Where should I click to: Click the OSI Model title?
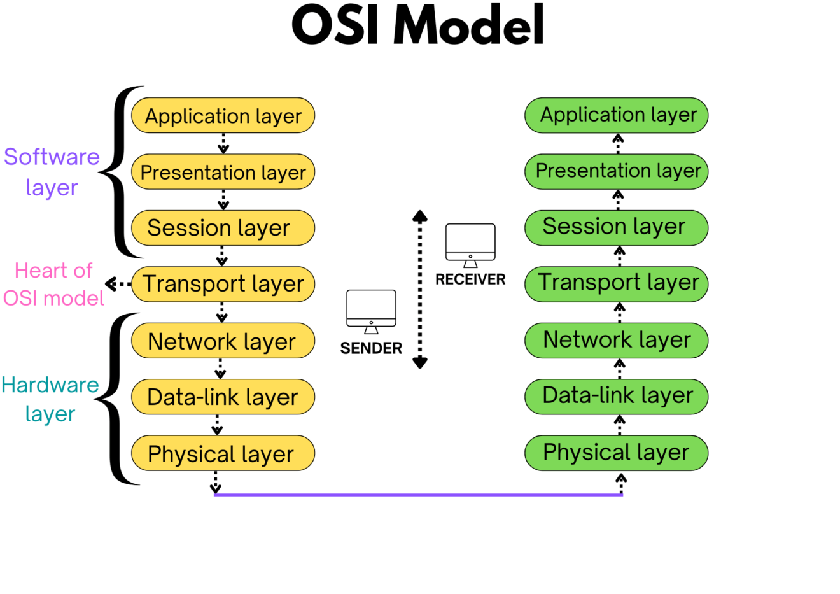[418, 25]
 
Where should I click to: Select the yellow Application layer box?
[223, 116]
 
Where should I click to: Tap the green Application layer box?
[616, 115]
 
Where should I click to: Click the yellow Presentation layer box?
[223, 172]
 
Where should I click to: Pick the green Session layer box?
[616, 227]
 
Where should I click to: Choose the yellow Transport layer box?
[223, 284]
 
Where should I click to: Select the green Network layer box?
[616, 340]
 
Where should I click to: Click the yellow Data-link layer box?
[223, 397]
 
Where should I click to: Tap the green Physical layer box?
[616, 453]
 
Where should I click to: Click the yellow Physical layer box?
[223, 453]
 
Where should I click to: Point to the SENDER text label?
[371, 348]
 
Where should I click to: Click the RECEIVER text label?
[470, 279]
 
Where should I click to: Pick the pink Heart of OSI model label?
[53, 284]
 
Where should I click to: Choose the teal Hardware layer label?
[50, 399]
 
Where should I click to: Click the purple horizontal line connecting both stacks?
[418, 495]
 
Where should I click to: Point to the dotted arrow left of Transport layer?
[118, 284]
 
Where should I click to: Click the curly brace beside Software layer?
[118, 172]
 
